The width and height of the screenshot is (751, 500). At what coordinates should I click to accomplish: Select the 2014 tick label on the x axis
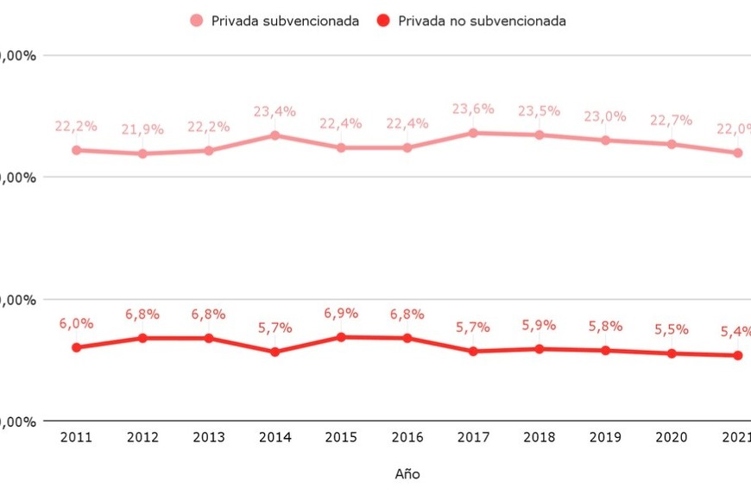click(275, 438)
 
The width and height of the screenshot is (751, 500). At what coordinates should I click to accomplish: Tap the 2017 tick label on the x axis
click(473, 438)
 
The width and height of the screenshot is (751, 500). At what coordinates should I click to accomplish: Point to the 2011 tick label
click(76, 438)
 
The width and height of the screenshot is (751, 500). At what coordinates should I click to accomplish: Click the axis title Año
click(407, 474)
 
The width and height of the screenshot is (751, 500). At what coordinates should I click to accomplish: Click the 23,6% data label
click(473, 109)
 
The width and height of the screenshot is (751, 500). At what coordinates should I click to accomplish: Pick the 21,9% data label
click(142, 129)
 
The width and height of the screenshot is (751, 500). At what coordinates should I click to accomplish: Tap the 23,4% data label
click(275, 111)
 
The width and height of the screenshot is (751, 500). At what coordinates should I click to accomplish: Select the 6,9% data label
click(341, 313)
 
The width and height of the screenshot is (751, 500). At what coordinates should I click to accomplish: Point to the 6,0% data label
click(76, 323)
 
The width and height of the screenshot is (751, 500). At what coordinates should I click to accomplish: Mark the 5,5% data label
click(672, 329)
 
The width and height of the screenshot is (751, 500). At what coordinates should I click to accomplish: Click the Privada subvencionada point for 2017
click(473, 133)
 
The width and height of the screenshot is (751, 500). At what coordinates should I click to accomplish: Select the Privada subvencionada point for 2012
click(142, 153)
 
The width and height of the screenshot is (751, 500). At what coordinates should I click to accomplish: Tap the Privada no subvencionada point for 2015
click(341, 337)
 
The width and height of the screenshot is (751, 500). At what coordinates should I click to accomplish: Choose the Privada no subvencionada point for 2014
click(275, 352)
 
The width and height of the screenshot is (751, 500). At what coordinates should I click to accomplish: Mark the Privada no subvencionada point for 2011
click(76, 347)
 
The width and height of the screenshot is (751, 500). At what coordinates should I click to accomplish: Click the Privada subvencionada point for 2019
click(605, 140)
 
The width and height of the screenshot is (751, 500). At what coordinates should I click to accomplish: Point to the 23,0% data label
click(605, 116)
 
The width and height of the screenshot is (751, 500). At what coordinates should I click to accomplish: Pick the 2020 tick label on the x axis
click(672, 438)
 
